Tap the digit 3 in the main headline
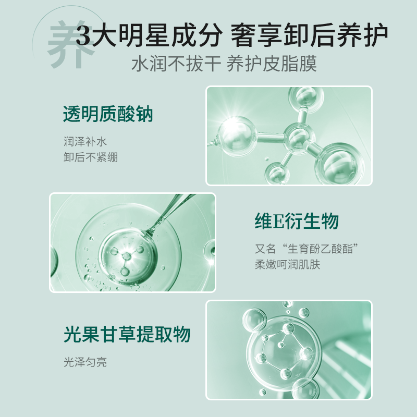(x=83, y=36)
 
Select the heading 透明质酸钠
(x=108, y=114)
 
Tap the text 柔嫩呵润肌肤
(x=287, y=265)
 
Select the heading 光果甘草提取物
(x=127, y=334)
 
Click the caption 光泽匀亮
(x=85, y=362)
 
